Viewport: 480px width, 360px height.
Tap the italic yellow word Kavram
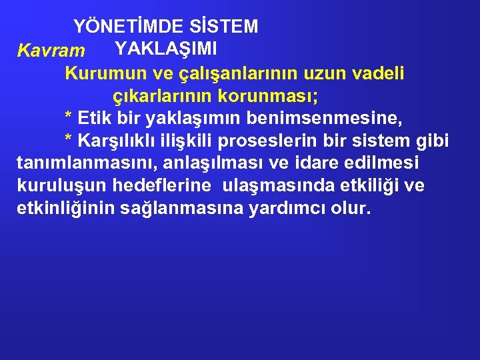point(51,51)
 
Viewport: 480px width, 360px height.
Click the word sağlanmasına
point(181,209)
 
